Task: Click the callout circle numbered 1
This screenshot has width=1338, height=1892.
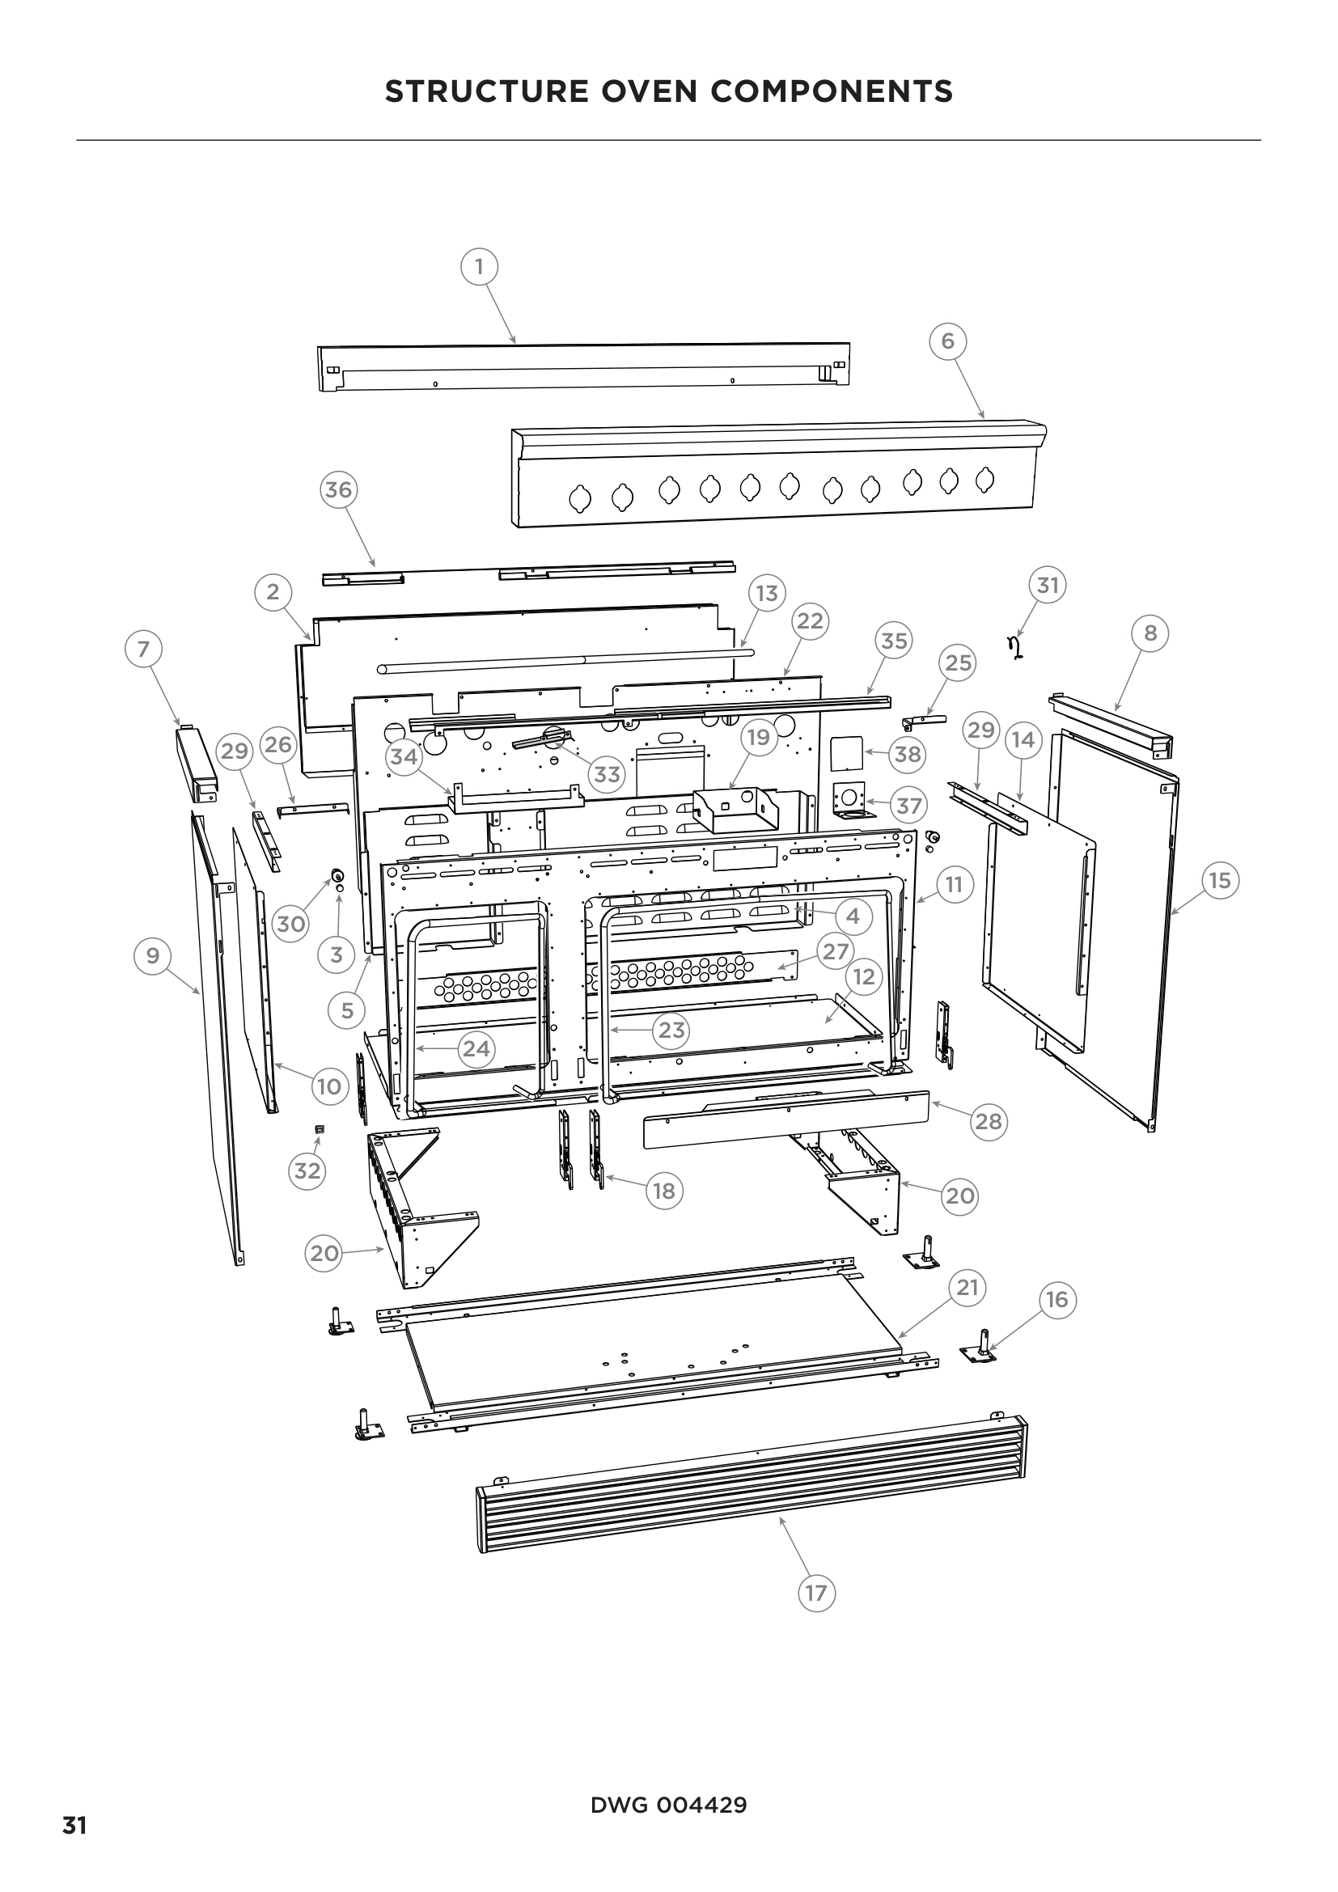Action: pos(479,267)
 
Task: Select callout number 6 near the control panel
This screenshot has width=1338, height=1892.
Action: pos(947,341)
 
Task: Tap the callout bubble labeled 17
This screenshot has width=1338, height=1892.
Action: pos(815,1593)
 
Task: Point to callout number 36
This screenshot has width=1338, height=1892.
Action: pos(338,490)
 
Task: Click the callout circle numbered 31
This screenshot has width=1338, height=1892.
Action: pos(1047,585)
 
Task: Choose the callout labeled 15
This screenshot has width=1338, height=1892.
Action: pos(1219,880)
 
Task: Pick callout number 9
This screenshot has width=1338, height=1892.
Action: pos(152,955)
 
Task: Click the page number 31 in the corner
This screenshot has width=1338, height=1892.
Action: pos(74,1826)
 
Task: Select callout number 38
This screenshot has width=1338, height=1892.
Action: pos(907,754)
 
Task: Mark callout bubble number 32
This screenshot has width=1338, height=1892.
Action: pos(307,1170)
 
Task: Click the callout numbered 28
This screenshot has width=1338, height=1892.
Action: pos(988,1120)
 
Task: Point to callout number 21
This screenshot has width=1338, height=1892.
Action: pos(968,1287)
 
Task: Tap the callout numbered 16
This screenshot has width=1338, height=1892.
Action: pos(1056,1300)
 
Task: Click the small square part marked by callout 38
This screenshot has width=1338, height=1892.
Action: pos(846,753)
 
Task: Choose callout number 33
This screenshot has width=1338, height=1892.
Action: pos(608,774)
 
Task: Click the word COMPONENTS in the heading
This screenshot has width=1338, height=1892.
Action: pos(832,91)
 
